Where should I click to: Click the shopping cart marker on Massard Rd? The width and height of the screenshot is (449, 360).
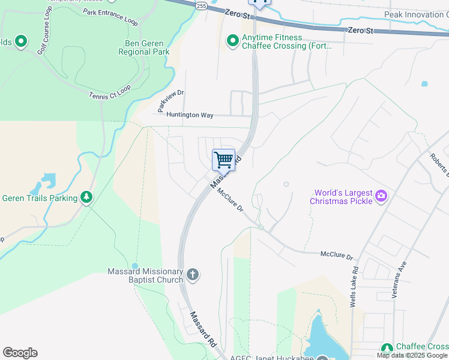click(223, 160)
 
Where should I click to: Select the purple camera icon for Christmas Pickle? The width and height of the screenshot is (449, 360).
click(381, 196)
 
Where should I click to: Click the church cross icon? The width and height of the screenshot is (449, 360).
click(193, 275)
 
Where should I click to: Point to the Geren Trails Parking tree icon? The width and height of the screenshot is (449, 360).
click(86, 197)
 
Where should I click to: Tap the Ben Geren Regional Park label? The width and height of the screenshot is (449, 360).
click(147, 47)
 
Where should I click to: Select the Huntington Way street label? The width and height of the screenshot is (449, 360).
click(190, 115)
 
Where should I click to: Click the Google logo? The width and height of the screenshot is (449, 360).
click(20, 353)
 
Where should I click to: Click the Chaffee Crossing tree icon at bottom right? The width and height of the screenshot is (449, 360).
click(387, 348)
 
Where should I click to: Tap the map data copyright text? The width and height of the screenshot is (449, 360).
click(412, 355)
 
